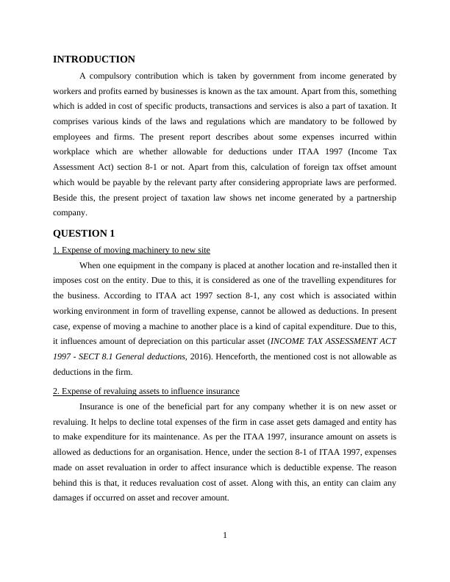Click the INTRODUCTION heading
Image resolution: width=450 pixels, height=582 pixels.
(94, 59)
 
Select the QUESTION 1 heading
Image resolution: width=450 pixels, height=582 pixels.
(85, 234)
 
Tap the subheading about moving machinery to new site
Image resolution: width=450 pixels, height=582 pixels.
(132, 250)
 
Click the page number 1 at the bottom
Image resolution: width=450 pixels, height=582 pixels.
(225, 535)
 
